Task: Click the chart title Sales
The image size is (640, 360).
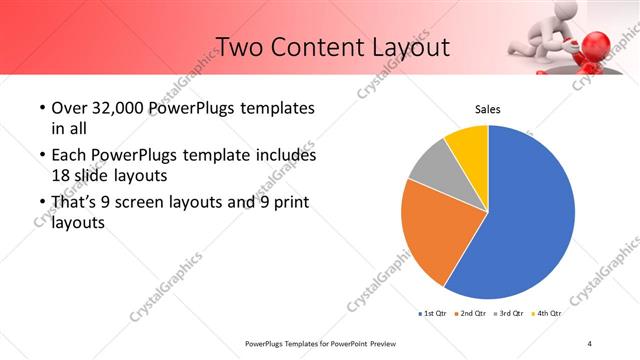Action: pos(487,110)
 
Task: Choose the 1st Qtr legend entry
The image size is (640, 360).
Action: pos(433,314)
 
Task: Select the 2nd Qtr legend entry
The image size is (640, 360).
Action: pos(471,314)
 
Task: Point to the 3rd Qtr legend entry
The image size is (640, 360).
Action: pos(510,314)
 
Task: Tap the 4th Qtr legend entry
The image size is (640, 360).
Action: pos(547,314)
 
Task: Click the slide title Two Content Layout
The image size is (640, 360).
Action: pos(333,47)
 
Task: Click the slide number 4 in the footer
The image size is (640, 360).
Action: pos(590,344)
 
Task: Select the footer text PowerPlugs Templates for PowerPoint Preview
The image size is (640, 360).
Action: pos(320,344)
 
